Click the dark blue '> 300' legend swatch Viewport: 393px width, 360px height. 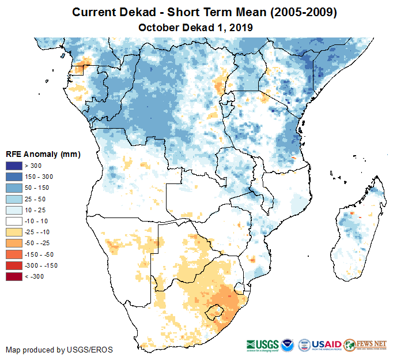pos(14,166)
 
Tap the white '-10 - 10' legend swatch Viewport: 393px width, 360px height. pos(14,221)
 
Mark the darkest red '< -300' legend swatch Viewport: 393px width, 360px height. pos(14,276)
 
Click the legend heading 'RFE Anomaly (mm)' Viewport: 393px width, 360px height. pos(43,154)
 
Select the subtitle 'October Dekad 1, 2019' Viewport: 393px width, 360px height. pos(196,27)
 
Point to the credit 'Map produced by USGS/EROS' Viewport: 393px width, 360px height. pos(59,350)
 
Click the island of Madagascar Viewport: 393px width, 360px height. pos(354,231)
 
